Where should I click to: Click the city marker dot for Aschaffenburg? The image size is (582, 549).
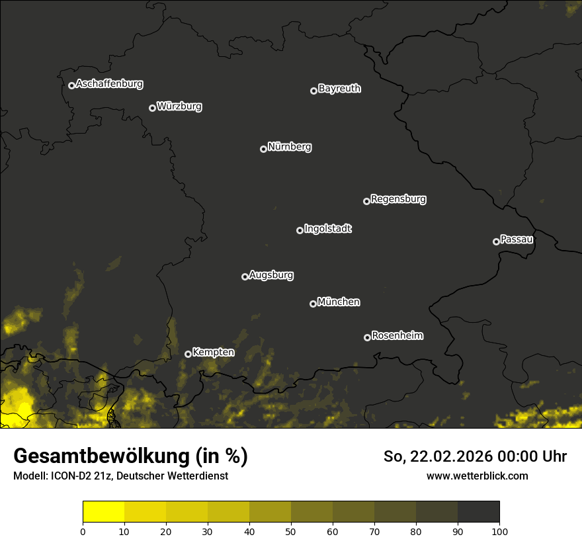click(71, 85)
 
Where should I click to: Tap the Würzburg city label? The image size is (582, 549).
click(179, 106)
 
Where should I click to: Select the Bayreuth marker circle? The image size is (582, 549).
click(313, 91)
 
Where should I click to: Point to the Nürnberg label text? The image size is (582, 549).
click(290, 147)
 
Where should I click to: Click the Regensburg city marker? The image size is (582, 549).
click(366, 201)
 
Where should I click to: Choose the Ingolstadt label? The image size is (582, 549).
click(328, 229)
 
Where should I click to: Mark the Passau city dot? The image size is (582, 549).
click(496, 241)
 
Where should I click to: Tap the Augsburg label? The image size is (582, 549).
click(271, 274)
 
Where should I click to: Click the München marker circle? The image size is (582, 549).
click(313, 304)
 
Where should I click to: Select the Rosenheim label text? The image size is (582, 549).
click(397, 335)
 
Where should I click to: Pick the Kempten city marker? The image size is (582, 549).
click(188, 354)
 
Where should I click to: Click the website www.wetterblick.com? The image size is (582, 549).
click(477, 476)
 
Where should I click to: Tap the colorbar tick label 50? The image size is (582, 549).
click(291, 531)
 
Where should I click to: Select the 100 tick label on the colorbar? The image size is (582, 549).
click(499, 531)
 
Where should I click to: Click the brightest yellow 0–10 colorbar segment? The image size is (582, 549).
click(104, 512)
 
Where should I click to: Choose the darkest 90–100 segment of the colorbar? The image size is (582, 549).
click(478, 512)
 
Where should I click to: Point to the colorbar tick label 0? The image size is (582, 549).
click(83, 531)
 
